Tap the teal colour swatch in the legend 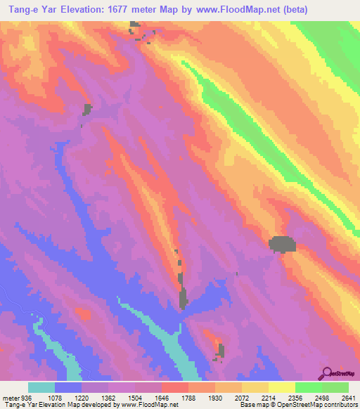pos(41,388)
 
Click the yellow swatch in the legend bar pos(282,388)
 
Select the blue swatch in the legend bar pos(68,388)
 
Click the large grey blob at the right pos(283,244)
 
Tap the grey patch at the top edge pos(134,26)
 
